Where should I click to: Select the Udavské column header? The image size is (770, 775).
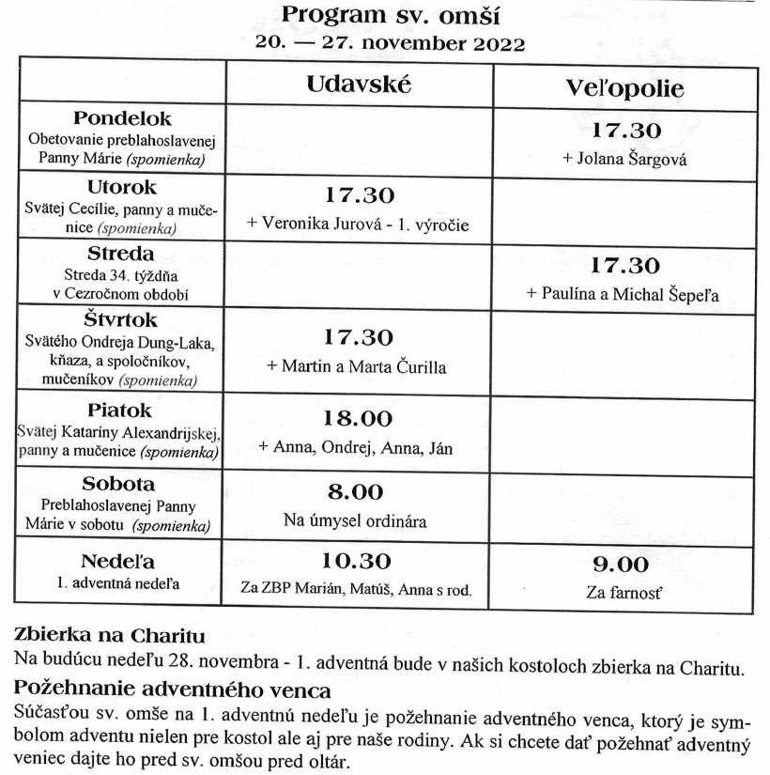click(x=359, y=84)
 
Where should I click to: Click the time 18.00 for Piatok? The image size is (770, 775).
click(x=358, y=419)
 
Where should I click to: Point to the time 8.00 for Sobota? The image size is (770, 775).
click(x=358, y=491)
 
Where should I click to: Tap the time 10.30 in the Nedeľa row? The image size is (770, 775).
click(x=358, y=562)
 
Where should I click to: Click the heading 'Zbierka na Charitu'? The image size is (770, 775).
click(x=109, y=635)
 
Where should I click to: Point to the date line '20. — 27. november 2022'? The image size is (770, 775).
click(x=390, y=43)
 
